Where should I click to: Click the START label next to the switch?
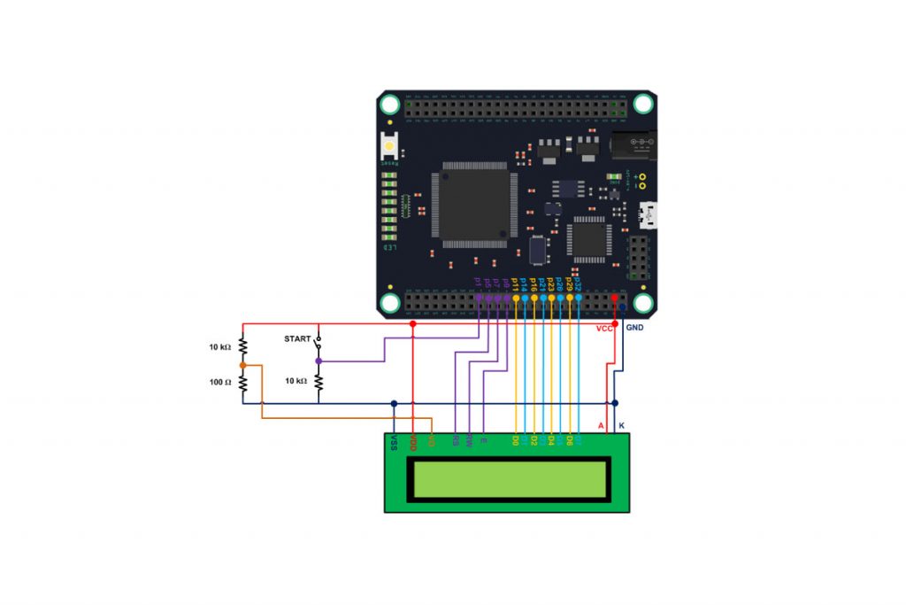297,339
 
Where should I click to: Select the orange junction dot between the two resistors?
242,364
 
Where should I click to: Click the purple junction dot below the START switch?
319,361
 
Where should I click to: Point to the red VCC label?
604,329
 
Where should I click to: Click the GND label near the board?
634,328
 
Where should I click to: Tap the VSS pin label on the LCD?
394,442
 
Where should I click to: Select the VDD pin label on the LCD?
412,442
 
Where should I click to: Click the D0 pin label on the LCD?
516,439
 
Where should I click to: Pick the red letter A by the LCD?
601,426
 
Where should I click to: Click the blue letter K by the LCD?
621,426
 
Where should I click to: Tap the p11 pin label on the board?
515,283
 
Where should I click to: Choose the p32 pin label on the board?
578,283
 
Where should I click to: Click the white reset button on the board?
389,144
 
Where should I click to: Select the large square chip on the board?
473,204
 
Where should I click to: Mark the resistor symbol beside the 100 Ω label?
242,383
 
